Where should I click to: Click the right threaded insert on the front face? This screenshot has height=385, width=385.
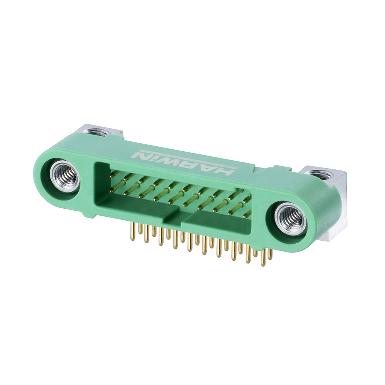point(291,219)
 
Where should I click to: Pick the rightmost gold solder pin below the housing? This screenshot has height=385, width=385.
point(271,254)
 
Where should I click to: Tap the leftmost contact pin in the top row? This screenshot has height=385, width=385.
point(114,174)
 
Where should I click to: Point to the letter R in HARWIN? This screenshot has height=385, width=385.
point(191,164)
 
